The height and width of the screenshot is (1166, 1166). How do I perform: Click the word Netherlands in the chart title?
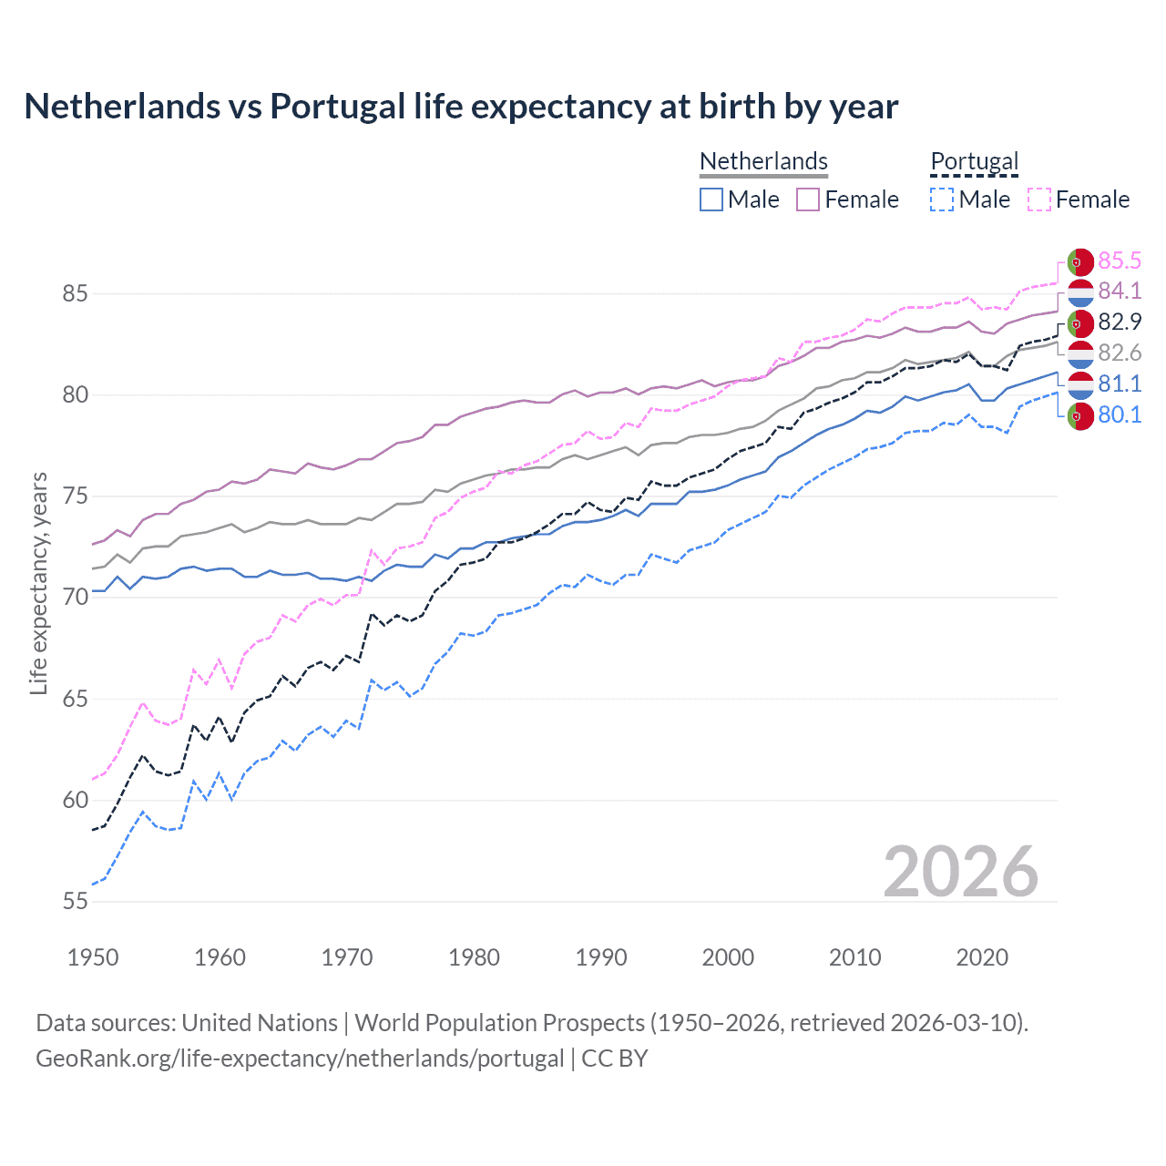[x=122, y=107]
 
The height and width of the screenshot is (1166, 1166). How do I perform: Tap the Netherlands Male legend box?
[x=711, y=199]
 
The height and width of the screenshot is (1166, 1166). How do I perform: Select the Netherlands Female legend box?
[x=808, y=199]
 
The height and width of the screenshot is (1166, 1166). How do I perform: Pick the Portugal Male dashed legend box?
[x=942, y=199]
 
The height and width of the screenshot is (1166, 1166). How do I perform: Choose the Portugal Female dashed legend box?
[x=1039, y=199]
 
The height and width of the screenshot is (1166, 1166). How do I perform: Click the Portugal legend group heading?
[x=974, y=161]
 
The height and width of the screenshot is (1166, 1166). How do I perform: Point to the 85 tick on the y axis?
[x=75, y=294]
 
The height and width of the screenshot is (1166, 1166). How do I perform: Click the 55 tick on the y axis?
[x=75, y=902]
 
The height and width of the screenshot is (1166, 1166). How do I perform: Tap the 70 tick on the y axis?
[x=75, y=598]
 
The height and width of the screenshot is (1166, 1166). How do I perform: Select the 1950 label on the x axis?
[x=93, y=957]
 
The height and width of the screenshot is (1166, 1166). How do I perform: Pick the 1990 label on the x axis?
[x=601, y=957]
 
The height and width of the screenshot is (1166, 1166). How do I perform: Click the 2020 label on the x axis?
[x=982, y=957]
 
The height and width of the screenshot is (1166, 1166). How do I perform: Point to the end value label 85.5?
[x=1119, y=261]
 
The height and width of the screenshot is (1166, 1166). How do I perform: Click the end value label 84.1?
[x=1119, y=291]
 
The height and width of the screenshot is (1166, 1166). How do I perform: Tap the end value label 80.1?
[x=1119, y=415]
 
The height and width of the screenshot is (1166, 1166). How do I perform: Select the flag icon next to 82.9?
[x=1079, y=322]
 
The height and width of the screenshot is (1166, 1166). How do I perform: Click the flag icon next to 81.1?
[x=1079, y=384]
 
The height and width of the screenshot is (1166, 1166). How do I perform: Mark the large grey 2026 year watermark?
[x=960, y=872]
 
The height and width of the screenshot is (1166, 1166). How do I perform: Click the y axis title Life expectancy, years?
[x=39, y=583]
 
